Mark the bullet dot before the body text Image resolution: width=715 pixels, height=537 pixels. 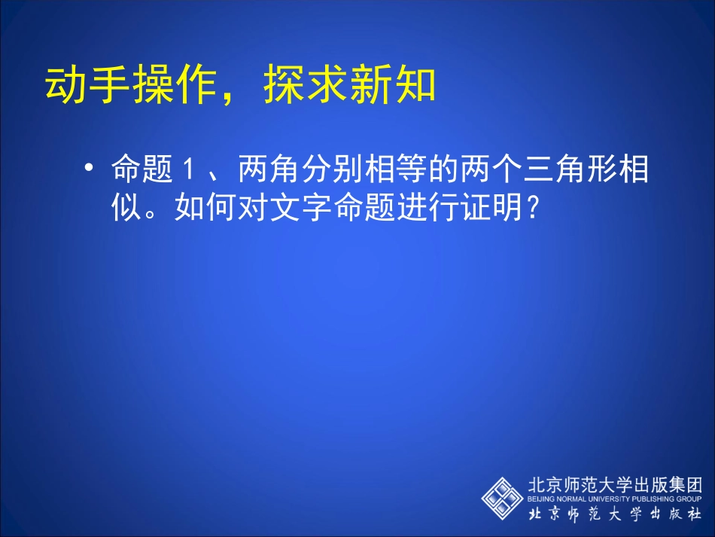[90, 167]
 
